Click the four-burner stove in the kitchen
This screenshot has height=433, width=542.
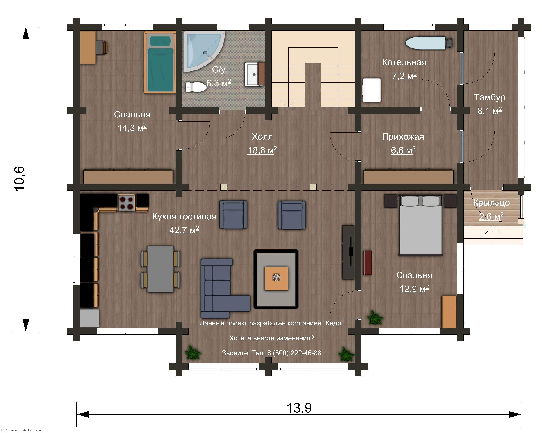pyautogui.click(x=126, y=203)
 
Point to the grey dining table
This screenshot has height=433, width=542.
pyautogui.click(x=160, y=269)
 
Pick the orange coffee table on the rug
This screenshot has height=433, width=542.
pyautogui.click(x=276, y=279)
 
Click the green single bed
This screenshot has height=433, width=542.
pyautogui.click(x=160, y=62)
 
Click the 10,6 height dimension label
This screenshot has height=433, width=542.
pyautogui.click(x=19, y=179)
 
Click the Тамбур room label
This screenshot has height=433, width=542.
pyautogui.click(x=489, y=97)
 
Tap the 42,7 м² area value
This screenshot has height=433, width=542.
pyautogui.click(x=184, y=230)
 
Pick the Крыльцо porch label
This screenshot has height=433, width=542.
pyautogui.click(x=491, y=203)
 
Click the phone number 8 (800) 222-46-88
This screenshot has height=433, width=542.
pyautogui.click(x=294, y=353)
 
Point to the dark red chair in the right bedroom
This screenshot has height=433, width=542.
pyautogui.click(x=367, y=263)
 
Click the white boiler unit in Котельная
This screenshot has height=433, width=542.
pyautogui.click(x=372, y=90)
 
